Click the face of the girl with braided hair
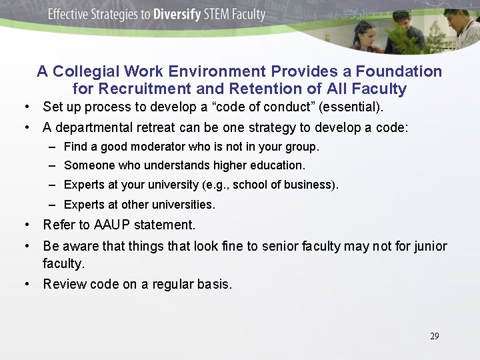click(365, 31)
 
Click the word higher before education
click(229, 165)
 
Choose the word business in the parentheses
click(311, 184)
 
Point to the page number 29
click(434, 336)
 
